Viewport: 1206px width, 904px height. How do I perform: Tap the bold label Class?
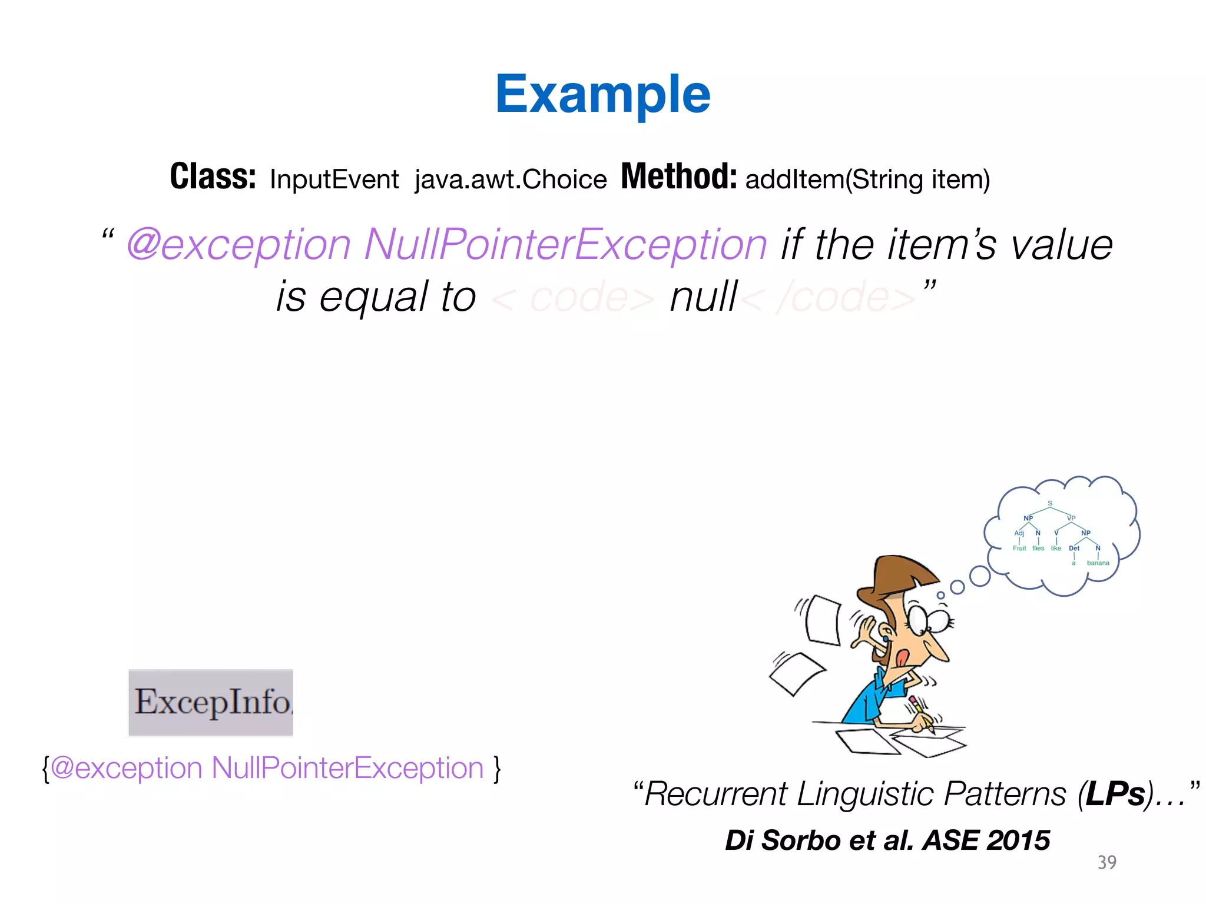(213, 177)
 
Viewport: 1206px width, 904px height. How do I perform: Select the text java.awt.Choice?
(510, 180)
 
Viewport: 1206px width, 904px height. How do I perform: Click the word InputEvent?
(334, 180)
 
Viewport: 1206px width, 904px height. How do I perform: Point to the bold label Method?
(678, 177)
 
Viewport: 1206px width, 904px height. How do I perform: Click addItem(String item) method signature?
(867, 180)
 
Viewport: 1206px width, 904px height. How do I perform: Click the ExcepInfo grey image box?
(211, 702)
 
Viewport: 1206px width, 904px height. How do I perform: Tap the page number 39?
(1106, 862)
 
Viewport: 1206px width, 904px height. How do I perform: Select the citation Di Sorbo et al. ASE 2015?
(887, 840)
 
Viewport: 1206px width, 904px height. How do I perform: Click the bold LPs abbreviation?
(1115, 794)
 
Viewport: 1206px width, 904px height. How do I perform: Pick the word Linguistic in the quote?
(865, 794)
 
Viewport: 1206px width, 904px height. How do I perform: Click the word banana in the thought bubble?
(1098, 563)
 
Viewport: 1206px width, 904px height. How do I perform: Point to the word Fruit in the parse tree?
(1019, 549)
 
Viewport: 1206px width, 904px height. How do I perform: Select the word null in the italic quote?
(703, 297)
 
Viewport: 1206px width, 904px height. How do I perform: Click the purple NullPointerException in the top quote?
(565, 244)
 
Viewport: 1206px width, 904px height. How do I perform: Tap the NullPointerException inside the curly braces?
(347, 768)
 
